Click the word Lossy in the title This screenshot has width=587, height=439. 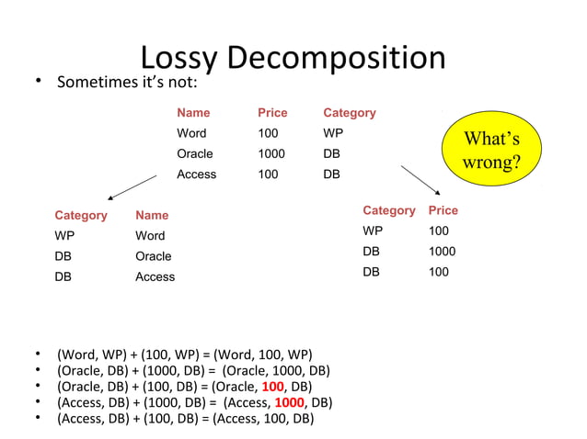tap(178, 58)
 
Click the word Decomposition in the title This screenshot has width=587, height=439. tap(336, 58)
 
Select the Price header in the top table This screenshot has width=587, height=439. tap(272, 113)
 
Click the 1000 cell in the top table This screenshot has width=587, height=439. tap(271, 154)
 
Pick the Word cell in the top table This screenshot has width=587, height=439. tap(191, 134)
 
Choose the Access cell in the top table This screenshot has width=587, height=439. tap(196, 174)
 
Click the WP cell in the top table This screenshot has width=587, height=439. tap(333, 134)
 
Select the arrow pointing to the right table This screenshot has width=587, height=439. tap(424, 180)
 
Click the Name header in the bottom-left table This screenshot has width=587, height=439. tap(152, 216)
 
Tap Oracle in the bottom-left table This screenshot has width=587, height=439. tap(153, 256)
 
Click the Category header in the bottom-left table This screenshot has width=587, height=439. tap(81, 216)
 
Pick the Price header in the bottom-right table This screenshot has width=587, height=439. tap(443, 211)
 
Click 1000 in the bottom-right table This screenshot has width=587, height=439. tap(442, 252)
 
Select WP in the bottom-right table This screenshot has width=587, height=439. tap(373, 231)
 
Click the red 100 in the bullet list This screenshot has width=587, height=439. tap(273, 387)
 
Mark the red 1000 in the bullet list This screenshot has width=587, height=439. tap(290, 403)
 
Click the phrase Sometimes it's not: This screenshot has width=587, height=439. tap(127, 84)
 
